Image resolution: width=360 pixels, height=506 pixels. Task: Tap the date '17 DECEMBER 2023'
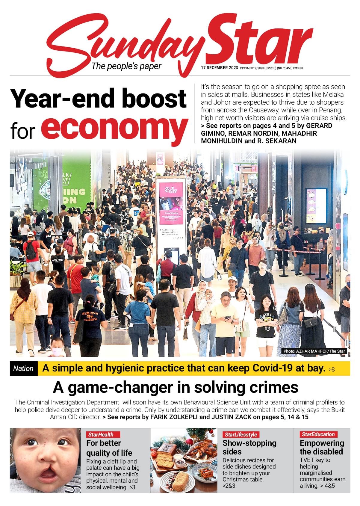tap(219, 68)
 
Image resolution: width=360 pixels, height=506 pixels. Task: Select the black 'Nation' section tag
tap(23, 368)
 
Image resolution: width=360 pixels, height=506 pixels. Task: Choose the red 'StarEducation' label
tap(318, 434)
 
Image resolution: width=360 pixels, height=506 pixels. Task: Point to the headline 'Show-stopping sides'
tap(249, 447)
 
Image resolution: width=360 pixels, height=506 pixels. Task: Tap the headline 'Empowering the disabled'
tap(321, 447)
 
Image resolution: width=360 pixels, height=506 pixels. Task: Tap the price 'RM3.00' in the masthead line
tap(298, 68)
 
